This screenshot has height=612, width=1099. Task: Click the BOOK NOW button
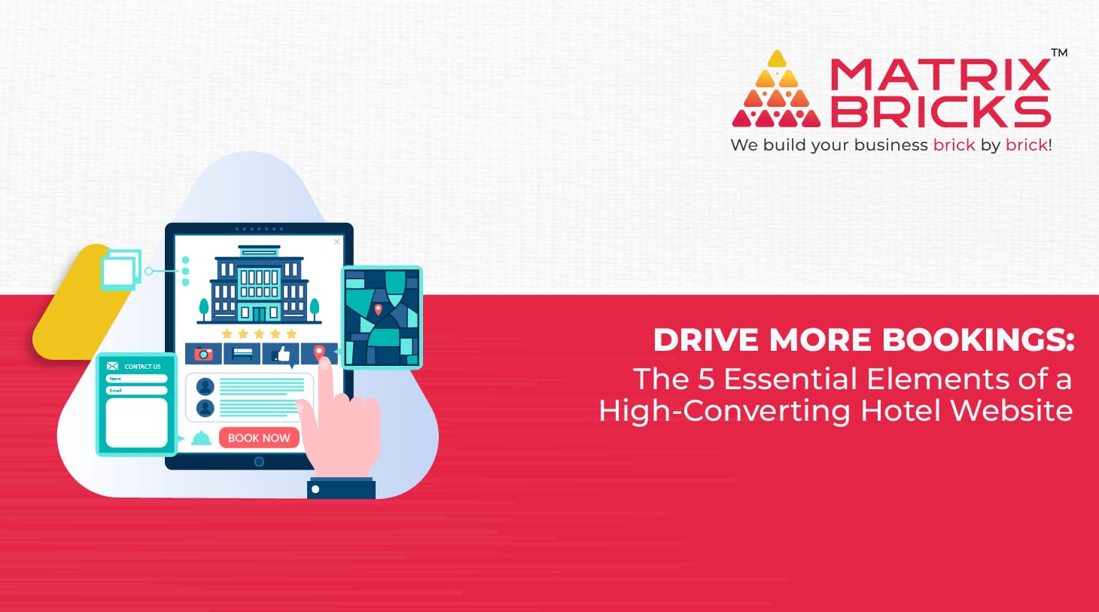(x=259, y=437)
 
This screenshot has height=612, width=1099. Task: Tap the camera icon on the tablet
(x=203, y=354)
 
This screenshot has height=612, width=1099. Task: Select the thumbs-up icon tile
(x=281, y=354)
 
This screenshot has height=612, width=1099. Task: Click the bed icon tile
(x=242, y=354)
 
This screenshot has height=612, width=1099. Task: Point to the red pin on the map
(x=378, y=309)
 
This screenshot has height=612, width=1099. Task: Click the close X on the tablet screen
(x=336, y=242)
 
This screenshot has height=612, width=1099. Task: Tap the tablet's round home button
(x=259, y=461)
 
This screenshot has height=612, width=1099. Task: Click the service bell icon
(x=201, y=438)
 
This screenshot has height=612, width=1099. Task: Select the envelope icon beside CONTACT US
(x=112, y=366)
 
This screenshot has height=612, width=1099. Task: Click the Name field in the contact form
(x=136, y=379)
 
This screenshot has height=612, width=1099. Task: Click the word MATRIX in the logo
(x=940, y=74)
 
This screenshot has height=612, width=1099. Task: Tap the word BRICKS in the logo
(x=940, y=111)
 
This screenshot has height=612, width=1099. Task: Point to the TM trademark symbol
(x=1059, y=53)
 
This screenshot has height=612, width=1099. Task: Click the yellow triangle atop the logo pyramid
(x=777, y=59)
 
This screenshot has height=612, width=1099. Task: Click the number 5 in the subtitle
(x=705, y=379)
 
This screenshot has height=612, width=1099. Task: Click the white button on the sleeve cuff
(x=315, y=489)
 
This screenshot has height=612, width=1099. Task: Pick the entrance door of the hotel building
(x=258, y=314)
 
